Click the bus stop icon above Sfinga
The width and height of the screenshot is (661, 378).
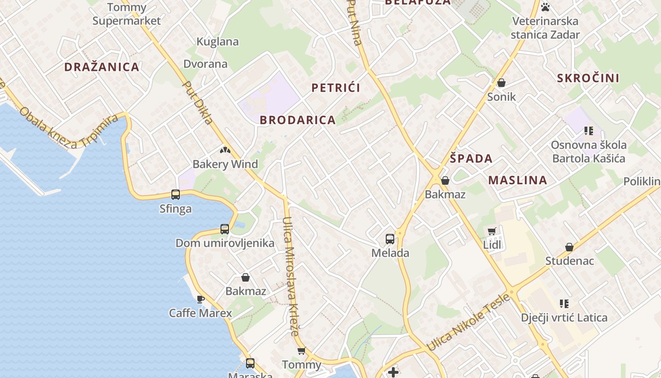(x=176, y=194)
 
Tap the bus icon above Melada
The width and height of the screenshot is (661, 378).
(x=390, y=239)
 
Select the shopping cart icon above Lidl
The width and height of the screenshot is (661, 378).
(x=492, y=231)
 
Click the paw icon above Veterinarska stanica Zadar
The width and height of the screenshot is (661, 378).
(x=545, y=7)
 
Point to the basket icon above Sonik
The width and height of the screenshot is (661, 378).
(x=501, y=83)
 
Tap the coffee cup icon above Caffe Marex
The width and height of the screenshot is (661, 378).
(x=201, y=299)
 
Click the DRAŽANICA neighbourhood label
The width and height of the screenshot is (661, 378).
(x=102, y=67)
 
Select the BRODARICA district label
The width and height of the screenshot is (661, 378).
(x=298, y=120)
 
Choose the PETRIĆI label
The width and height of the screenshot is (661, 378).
(x=336, y=88)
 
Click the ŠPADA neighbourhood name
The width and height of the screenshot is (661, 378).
(x=471, y=159)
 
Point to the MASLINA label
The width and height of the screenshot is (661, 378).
(x=518, y=180)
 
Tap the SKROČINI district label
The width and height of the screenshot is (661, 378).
(x=588, y=78)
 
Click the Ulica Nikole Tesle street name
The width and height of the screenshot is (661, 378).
(x=468, y=322)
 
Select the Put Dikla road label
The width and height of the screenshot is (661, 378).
(x=198, y=103)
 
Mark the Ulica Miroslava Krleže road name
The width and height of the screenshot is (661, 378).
(x=290, y=276)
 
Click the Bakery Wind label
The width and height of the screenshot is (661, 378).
(x=225, y=164)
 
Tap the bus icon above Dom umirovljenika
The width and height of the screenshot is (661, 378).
(x=225, y=229)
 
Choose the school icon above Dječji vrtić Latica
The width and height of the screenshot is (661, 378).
(x=564, y=303)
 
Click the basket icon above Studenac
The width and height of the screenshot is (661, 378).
(x=569, y=247)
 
